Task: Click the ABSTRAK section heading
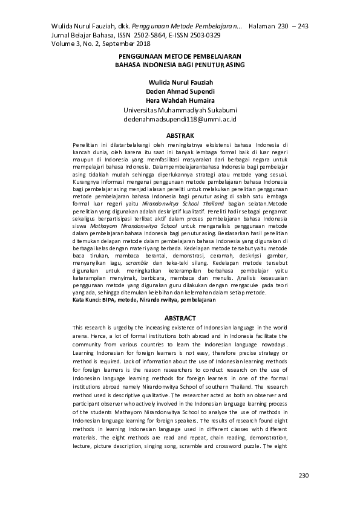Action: (180, 135)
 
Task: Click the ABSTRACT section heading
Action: (180, 318)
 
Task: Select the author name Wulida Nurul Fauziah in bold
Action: (180, 82)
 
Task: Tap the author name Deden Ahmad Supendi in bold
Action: (180, 91)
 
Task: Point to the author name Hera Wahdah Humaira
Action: (180, 101)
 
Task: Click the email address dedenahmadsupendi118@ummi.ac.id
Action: (180, 120)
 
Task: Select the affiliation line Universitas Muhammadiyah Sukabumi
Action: (180, 110)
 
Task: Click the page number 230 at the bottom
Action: (304, 475)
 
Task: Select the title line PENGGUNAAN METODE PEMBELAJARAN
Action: (180, 54)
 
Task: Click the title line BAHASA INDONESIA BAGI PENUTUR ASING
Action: (180, 63)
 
